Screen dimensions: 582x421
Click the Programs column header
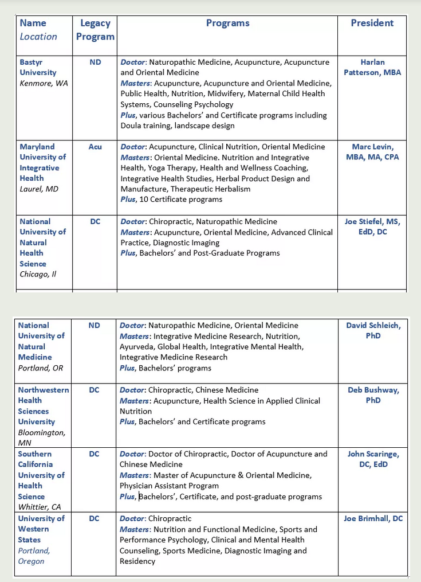pos(227,24)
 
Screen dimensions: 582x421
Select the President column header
pos(372,24)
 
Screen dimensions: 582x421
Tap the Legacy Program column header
pos(95,30)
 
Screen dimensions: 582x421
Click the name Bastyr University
pos(38,67)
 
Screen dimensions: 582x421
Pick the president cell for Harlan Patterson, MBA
pos(372,67)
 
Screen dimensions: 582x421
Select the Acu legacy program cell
pos(95,147)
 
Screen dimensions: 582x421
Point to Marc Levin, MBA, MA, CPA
pos(372,152)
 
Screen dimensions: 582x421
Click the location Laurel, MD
pos(39,189)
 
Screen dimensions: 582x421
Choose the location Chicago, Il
pos(38,274)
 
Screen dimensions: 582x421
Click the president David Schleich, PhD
pos(373,330)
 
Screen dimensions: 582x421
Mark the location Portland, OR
pos(41,368)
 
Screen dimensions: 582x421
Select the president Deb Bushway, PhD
pos(373,395)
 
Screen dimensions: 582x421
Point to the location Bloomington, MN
pos(41,438)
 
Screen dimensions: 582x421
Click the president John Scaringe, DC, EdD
pos(373,459)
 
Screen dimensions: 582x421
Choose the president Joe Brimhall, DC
pos(373,518)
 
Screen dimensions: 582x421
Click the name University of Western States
pos(41,529)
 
